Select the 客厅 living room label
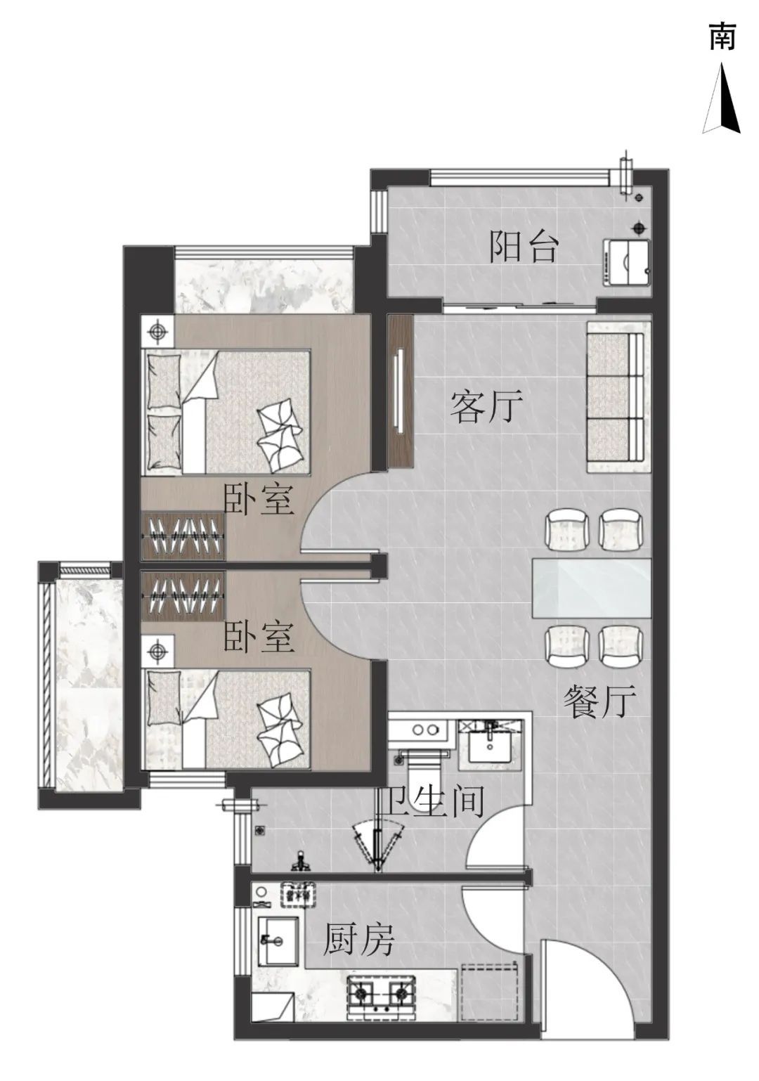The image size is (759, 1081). pyautogui.click(x=486, y=406)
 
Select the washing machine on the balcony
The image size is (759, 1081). pyautogui.click(x=628, y=262)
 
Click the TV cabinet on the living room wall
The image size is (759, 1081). pyautogui.click(x=400, y=391)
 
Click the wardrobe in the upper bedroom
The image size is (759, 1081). pyautogui.click(x=183, y=536)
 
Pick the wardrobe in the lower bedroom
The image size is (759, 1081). pyautogui.click(x=183, y=596)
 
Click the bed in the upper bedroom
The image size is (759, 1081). pyautogui.click(x=226, y=413)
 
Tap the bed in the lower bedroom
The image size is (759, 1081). pyautogui.click(x=226, y=719)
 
